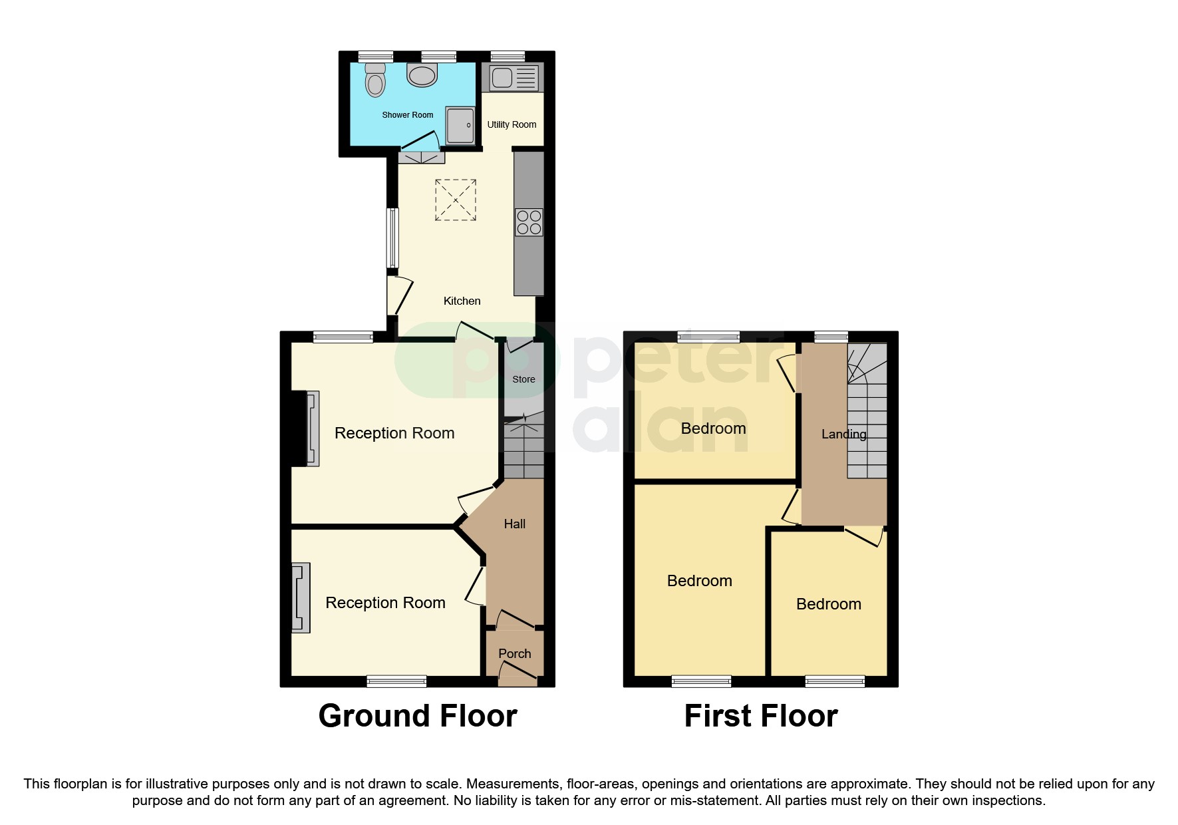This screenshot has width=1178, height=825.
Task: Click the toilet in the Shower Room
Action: pos(376,81)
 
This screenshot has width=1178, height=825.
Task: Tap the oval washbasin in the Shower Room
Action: pos(422,75)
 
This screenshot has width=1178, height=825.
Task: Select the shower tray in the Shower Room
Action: pos(460,125)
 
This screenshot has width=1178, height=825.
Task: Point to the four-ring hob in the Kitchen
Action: pos(529,222)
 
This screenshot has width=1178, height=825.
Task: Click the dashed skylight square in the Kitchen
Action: pos(456,200)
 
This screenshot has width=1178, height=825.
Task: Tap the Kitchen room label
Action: pos(462,301)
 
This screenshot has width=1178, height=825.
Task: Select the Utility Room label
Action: pos(512,124)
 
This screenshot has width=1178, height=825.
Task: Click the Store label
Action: pos(523,379)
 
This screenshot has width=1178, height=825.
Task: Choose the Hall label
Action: pos(514,524)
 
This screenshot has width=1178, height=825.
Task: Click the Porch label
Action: pos(514,654)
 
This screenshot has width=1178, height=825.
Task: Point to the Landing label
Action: pos(843,434)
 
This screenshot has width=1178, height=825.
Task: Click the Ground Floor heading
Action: pos(418,717)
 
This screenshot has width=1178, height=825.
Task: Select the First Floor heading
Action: pos(761,717)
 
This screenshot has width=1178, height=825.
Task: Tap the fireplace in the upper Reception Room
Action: pos(312,428)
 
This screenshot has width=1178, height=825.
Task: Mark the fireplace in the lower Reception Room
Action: pos(301,597)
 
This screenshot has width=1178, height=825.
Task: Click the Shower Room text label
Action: pos(407,115)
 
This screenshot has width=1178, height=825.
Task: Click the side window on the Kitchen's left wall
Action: pos(392,238)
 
